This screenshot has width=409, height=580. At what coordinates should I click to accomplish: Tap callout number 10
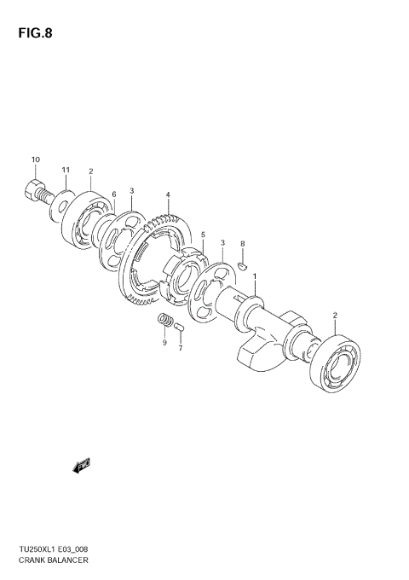coord(35,159)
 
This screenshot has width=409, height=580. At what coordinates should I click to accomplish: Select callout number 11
coord(65,171)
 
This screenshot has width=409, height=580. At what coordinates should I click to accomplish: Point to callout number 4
coord(169,194)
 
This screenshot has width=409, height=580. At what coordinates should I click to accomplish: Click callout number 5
coord(203,235)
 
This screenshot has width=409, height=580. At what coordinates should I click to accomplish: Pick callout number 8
coord(113,194)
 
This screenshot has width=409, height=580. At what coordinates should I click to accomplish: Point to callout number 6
coord(113,194)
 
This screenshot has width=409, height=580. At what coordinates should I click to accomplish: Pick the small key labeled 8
coord(241,264)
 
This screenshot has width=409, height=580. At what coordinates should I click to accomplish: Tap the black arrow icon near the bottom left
coord(83,465)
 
